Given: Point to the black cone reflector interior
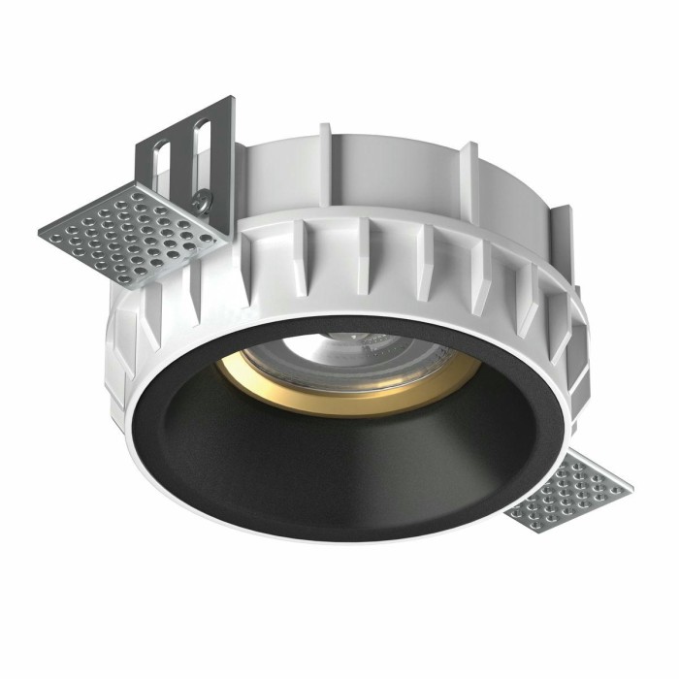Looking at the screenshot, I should pyautogui.click(x=291, y=466).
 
